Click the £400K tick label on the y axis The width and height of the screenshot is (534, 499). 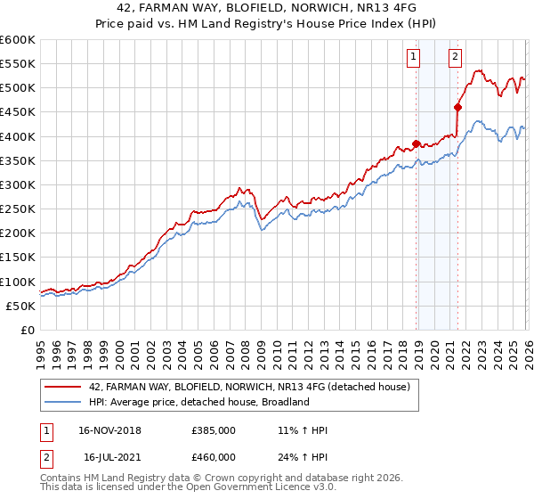(17, 136)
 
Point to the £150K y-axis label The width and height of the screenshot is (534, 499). (17, 258)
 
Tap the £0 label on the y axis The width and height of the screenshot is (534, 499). (27, 330)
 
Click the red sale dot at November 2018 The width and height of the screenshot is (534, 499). (416, 143)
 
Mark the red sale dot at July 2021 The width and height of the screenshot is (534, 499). (457, 107)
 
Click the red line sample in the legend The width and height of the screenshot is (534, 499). (63, 387)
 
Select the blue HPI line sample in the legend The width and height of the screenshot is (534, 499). (63, 402)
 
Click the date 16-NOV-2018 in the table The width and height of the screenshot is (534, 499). (109, 430)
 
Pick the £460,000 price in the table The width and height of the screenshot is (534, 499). (214, 456)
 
